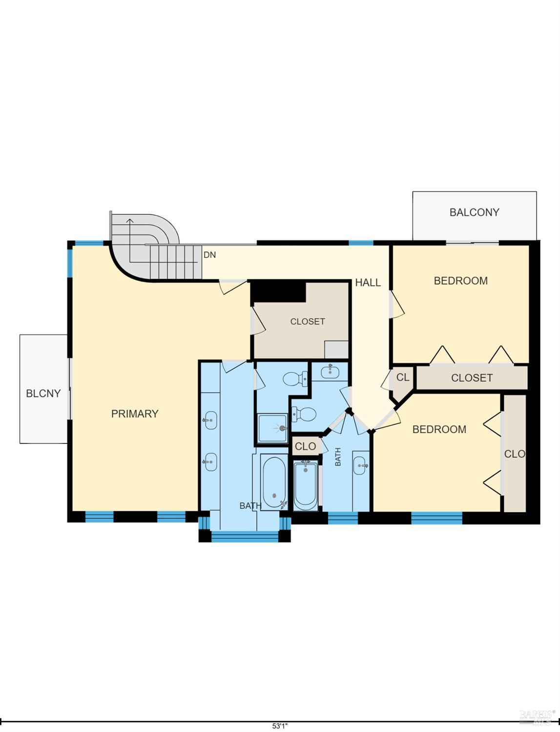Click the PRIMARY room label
pyautogui.click(x=135, y=414)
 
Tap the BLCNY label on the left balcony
pyautogui.click(x=43, y=394)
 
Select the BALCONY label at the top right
pyautogui.click(x=475, y=212)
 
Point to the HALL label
pyautogui.click(x=368, y=283)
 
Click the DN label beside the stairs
pyautogui.click(x=209, y=255)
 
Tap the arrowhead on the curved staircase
pyautogui.click(x=130, y=221)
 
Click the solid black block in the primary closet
pyautogui.click(x=278, y=292)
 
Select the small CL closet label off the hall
pyautogui.click(x=403, y=377)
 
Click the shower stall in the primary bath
pyautogui.click(x=272, y=428)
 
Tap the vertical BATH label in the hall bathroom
pyautogui.click(x=338, y=457)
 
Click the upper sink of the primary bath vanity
pyautogui.click(x=210, y=420)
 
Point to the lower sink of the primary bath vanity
pyautogui.click(x=210, y=462)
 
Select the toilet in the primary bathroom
pyautogui.click(x=295, y=378)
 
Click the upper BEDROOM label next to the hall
pyautogui.click(x=461, y=281)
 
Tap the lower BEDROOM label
pyautogui.click(x=439, y=429)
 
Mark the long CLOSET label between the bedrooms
pyautogui.click(x=472, y=378)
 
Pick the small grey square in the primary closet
pyautogui.click(x=336, y=350)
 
